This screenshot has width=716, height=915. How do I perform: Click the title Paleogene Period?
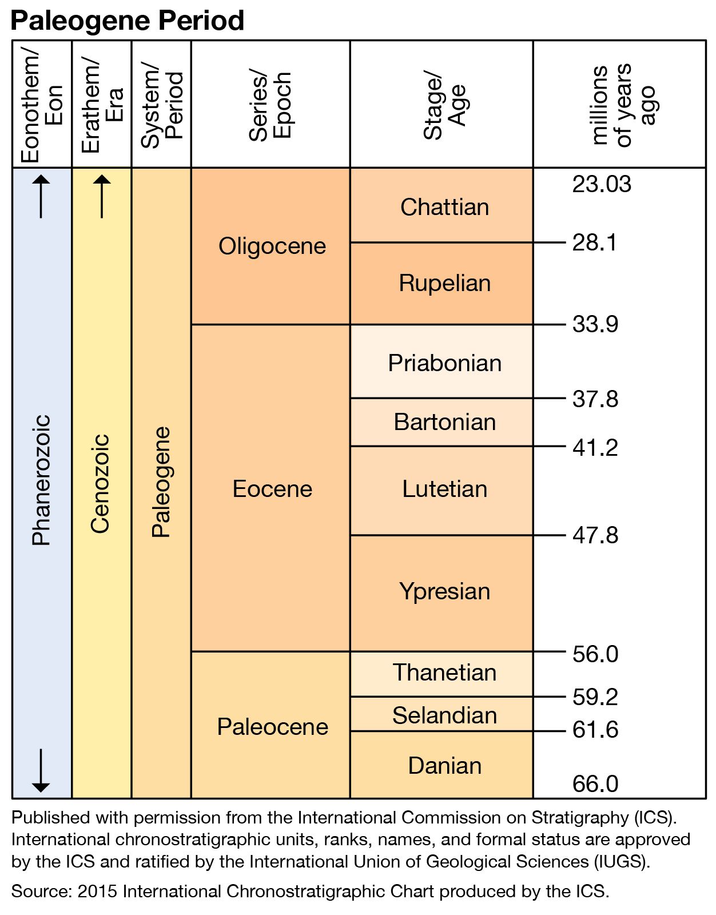(128, 21)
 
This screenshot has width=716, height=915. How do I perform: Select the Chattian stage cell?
(444, 206)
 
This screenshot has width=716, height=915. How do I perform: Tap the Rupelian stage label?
(444, 283)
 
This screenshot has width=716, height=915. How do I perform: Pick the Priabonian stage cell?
(444, 363)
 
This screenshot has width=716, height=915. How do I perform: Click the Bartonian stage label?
(444, 422)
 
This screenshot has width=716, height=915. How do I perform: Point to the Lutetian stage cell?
(444, 489)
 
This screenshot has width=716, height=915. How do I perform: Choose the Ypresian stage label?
(444, 591)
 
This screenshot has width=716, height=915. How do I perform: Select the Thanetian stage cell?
(444, 673)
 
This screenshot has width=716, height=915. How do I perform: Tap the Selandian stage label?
(444, 715)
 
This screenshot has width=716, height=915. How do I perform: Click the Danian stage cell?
(444, 766)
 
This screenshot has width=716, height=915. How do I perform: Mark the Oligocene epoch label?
(272, 246)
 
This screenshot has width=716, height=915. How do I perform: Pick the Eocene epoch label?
(272, 489)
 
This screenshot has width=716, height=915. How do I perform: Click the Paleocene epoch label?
(272, 727)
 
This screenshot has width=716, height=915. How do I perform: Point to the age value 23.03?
(602, 184)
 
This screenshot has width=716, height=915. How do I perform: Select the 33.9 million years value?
(595, 324)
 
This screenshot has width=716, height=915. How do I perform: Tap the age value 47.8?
(595, 535)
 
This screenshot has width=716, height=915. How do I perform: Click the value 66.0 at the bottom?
(595, 783)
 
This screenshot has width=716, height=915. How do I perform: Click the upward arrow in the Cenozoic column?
(102, 196)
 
